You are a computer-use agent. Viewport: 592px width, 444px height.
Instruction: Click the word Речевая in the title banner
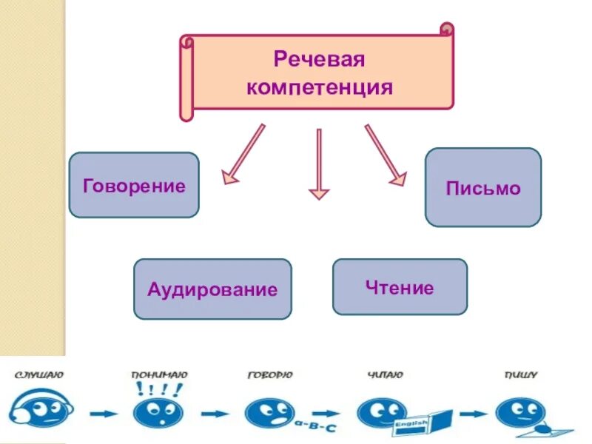click(x=320, y=58)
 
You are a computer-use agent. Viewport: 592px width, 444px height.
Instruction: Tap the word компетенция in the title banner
click(x=320, y=88)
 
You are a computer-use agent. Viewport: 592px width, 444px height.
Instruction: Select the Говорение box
click(x=134, y=185)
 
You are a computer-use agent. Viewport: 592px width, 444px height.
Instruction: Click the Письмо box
click(x=483, y=188)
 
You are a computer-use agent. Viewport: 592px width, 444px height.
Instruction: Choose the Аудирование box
click(x=212, y=289)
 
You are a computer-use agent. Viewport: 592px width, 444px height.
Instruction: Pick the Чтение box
click(x=400, y=287)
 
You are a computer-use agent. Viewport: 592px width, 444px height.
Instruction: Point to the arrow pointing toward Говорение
click(x=243, y=153)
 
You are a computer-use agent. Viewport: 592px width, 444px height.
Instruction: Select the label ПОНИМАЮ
click(x=159, y=376)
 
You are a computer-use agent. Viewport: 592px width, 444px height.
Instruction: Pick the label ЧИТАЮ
click(x=385, y=376)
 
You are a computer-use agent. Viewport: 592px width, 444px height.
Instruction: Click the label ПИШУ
click(x=521, y=376)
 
